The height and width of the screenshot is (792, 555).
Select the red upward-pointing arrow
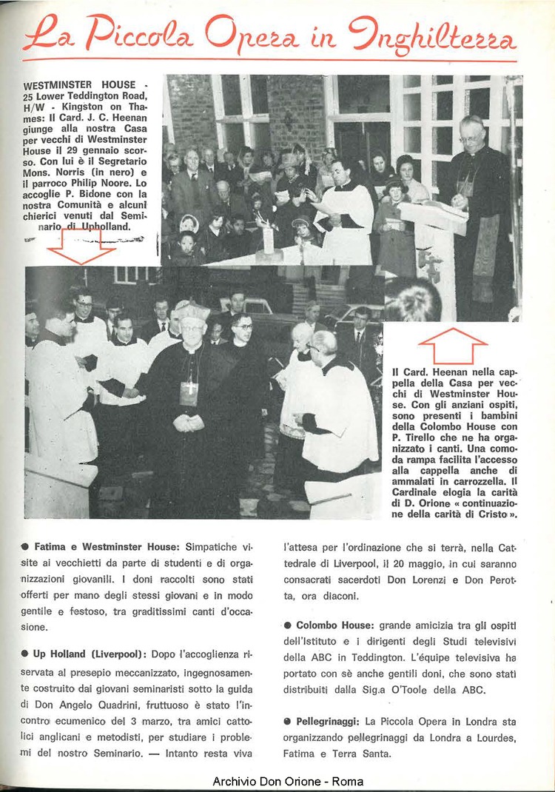click(452, 346)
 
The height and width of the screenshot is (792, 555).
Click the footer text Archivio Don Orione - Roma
click(288, 782)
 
